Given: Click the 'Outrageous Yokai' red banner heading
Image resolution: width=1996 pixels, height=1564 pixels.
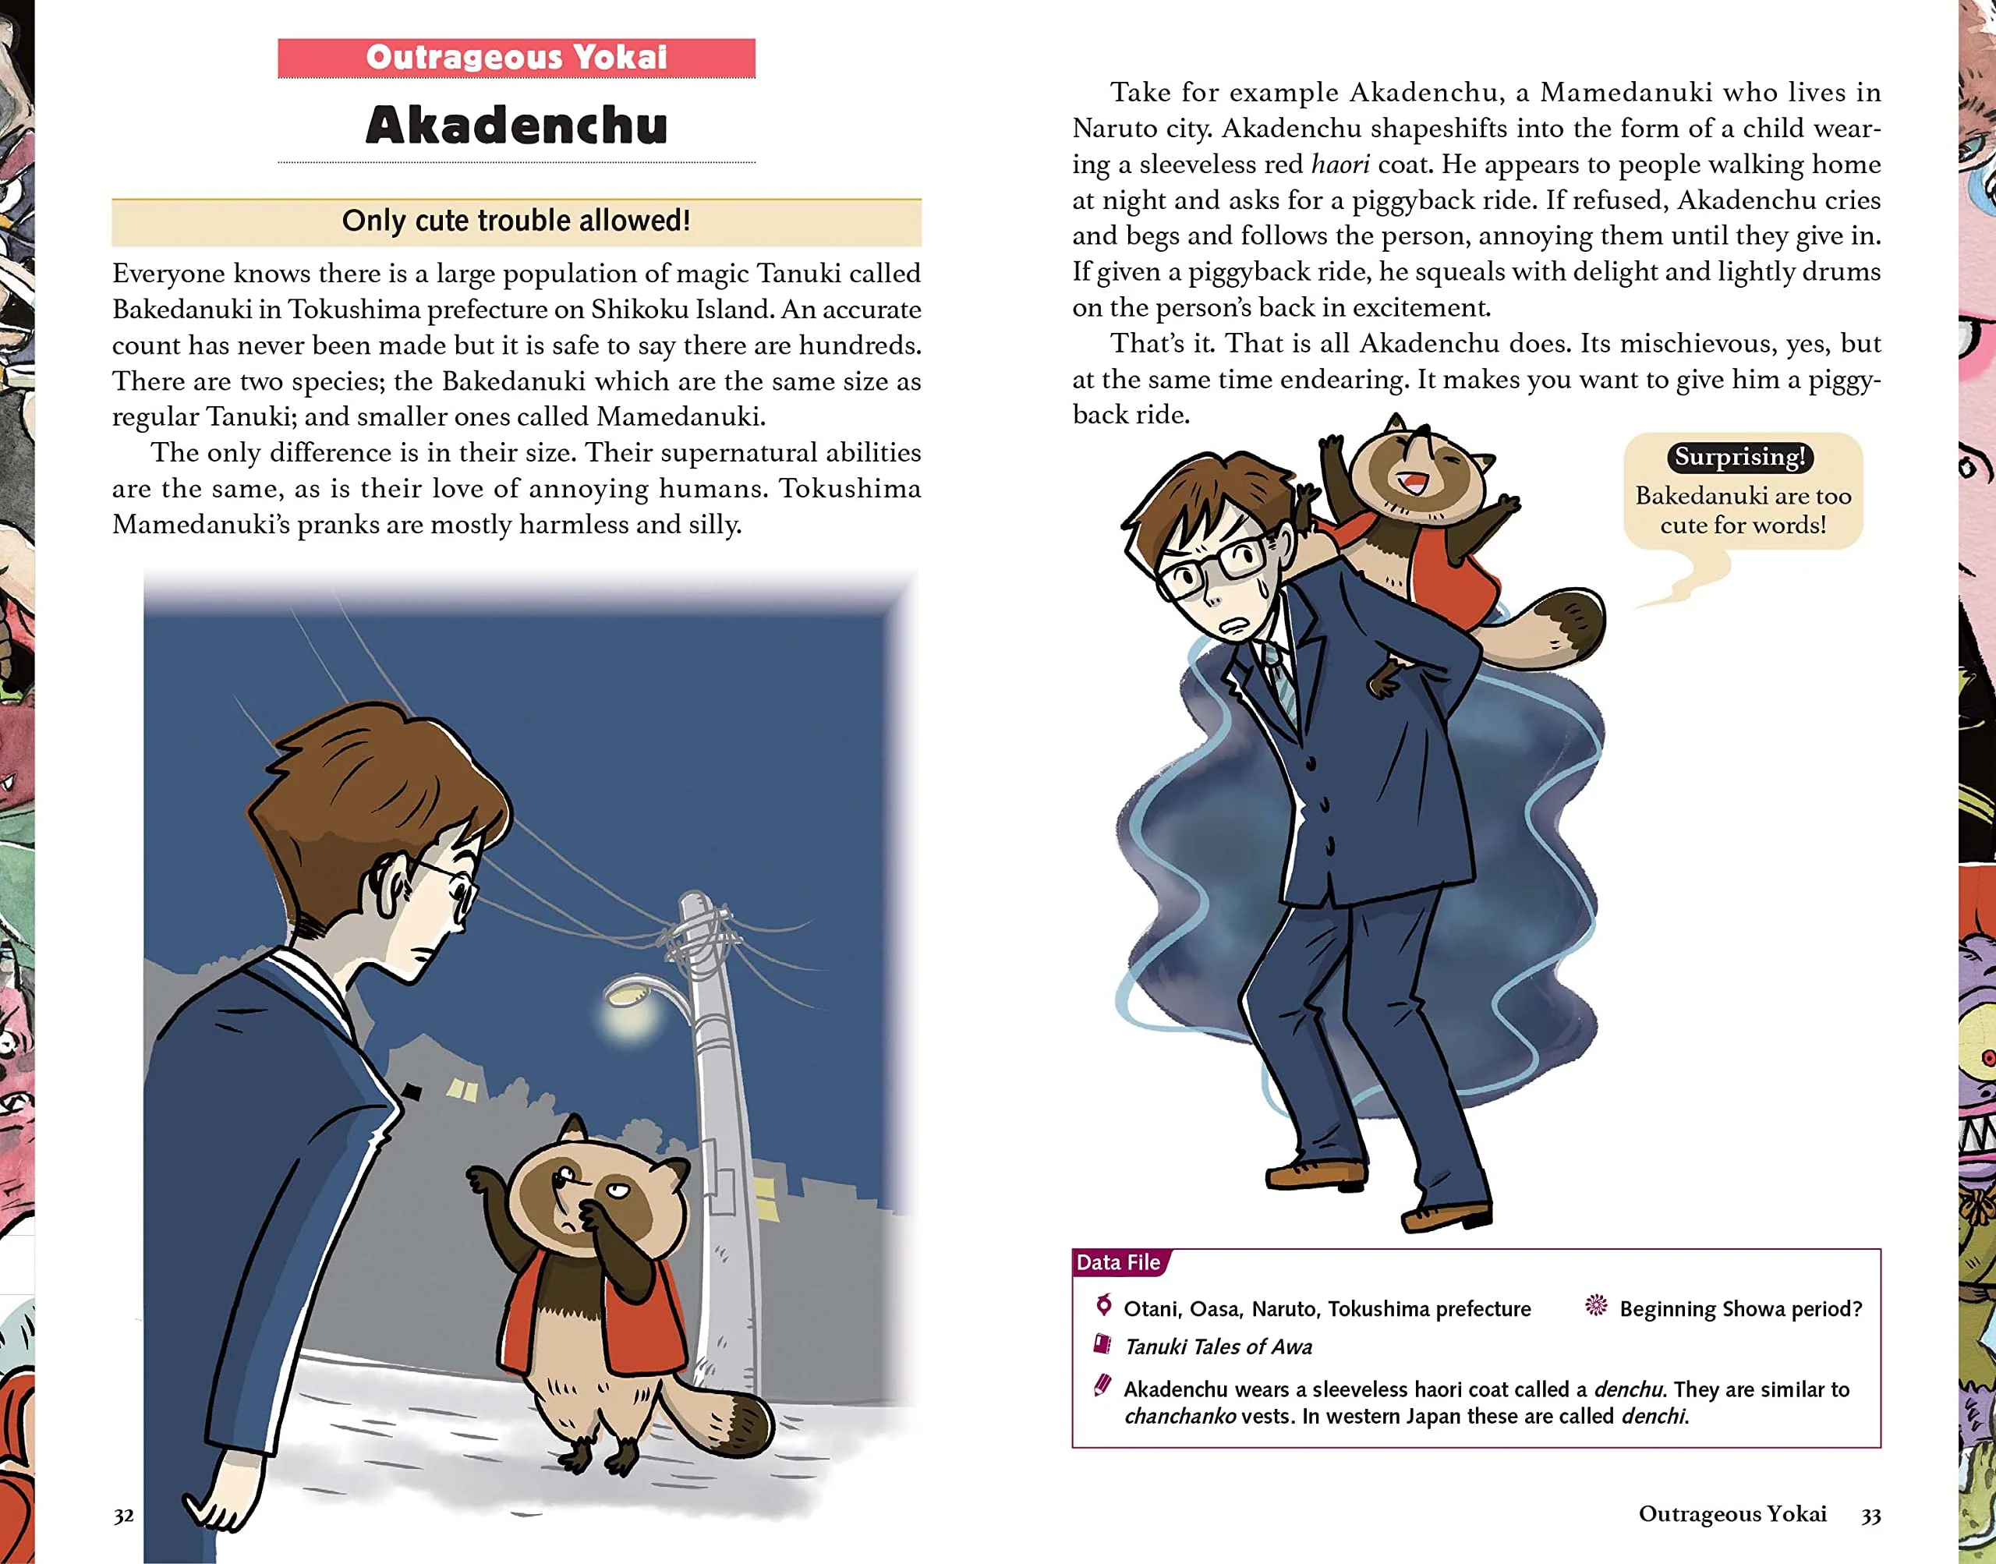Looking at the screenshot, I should click(x=516, y=58).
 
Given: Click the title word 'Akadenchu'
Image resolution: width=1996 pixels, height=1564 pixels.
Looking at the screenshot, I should click(x=516, y=126).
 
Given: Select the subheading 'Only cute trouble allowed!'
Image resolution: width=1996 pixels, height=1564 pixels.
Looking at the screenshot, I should click(x=516, y=221).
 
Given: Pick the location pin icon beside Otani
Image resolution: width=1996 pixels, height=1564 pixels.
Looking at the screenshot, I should click(x=1104, y=1305).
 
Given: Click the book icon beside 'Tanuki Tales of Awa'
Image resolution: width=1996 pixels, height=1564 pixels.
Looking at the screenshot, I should click(x=1103, y=1344).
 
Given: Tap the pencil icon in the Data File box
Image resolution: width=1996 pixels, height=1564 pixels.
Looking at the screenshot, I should click(x=1103, y=1385).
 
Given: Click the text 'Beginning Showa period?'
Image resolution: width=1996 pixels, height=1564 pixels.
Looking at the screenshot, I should click(x=1740, y=1308).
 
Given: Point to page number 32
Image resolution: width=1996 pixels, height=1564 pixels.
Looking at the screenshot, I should click(x=124, y=1516).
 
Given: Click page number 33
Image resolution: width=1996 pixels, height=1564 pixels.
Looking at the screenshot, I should click(x=1870, y=1516).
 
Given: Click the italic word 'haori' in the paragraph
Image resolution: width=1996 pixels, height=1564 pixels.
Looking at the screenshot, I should click(x=1340, y=165).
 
